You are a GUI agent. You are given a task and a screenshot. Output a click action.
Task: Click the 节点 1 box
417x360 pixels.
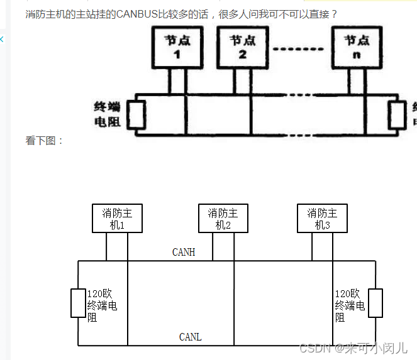click(x=177, y=48)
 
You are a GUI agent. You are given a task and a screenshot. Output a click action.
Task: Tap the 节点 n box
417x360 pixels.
click(x=357, y=48)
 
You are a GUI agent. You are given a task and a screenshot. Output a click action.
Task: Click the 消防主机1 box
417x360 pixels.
click(x=116, y=219)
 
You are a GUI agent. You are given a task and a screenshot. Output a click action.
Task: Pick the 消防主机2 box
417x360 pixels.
click(x=223, y=219)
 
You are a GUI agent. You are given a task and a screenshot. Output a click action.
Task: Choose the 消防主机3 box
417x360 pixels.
click(x=322, y=219)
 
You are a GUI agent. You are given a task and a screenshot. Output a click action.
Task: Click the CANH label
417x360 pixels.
click(x=184, y=253)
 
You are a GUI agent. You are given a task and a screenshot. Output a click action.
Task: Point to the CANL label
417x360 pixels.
click(x=190, y=337)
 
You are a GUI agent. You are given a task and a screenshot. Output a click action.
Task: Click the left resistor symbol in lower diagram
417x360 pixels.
click(x=78, y=303)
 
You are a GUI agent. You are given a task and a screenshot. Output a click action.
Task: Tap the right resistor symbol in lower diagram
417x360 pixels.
click(x=375, y=303)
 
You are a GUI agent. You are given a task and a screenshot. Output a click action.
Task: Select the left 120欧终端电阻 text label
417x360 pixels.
click(x=102, y=305)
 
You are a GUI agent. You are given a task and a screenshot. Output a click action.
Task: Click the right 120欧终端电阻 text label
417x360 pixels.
click(x=350, y=305)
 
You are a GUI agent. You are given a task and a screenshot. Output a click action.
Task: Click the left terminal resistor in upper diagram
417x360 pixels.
click(x=136, y=114)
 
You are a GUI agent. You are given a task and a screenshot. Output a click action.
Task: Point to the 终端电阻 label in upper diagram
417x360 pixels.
click(x=106, y=114)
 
